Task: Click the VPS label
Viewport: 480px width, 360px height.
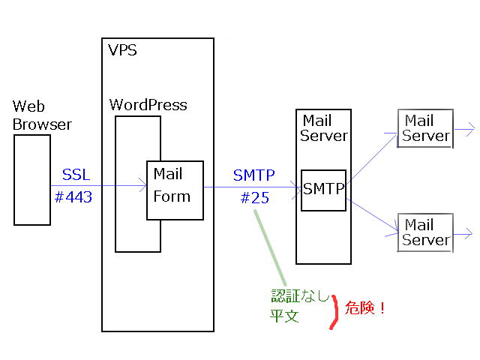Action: pos(122,50)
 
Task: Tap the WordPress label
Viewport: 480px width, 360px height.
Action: pos(148,105)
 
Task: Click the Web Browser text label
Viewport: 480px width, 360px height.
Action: pos(42,115)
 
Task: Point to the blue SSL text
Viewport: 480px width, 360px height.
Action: pos(76,175)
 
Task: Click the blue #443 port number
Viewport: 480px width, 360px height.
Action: pos(73,196)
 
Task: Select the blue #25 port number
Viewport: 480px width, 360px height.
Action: pos(255,198)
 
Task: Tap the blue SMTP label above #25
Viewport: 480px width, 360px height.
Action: pos(254,175)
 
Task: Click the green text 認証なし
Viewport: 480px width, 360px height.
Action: pos(300,295)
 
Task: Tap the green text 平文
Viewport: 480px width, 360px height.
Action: pos(284,316)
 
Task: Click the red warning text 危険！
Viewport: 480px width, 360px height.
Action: pos(365,307)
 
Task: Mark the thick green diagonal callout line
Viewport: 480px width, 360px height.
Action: pos(270,247)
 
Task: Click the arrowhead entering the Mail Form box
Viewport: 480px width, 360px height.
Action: pos(143,185)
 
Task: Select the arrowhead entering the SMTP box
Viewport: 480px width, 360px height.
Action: pos(297,190)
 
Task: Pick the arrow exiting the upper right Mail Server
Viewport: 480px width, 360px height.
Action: pos(464,129)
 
